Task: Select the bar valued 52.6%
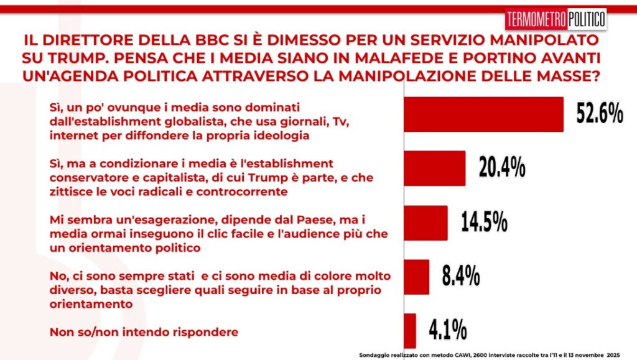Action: click(484, 114)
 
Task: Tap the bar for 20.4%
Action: click(435, 168)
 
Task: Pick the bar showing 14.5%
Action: click(426, 223)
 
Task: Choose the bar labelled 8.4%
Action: click(417, 277)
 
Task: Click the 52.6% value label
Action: click(599, 114)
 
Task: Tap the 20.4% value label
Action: click(502, 168)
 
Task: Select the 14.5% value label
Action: click(484, 222)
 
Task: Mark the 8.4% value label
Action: click(460, 276)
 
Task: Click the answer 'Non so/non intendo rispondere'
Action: click(144, 332)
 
